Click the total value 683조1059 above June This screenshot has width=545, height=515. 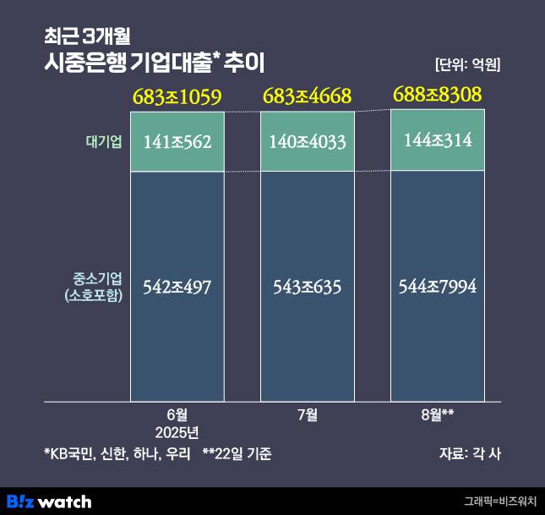[x=177, y=97]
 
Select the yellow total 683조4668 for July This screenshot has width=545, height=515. [x=307, y=96]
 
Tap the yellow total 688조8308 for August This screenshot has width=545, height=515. [x=437, y=95]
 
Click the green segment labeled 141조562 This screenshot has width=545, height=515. [x=177, y=142]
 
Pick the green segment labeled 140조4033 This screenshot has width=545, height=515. [x=307, y=142]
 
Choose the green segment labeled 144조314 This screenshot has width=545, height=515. [x=437, y=140]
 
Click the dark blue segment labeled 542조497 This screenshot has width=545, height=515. [x=177, y=287]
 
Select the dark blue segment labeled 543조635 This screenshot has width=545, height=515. [x=307, y=287]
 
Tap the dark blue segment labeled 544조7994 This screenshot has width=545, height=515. [x=437, y=287]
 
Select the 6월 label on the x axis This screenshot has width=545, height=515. [x=177, y=414]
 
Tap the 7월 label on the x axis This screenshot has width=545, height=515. [x=307, y=414]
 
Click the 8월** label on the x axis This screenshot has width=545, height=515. [x=437, y=414]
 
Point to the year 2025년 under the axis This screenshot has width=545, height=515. [x=177, y=432]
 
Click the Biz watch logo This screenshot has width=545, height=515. [x=49, y=501]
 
